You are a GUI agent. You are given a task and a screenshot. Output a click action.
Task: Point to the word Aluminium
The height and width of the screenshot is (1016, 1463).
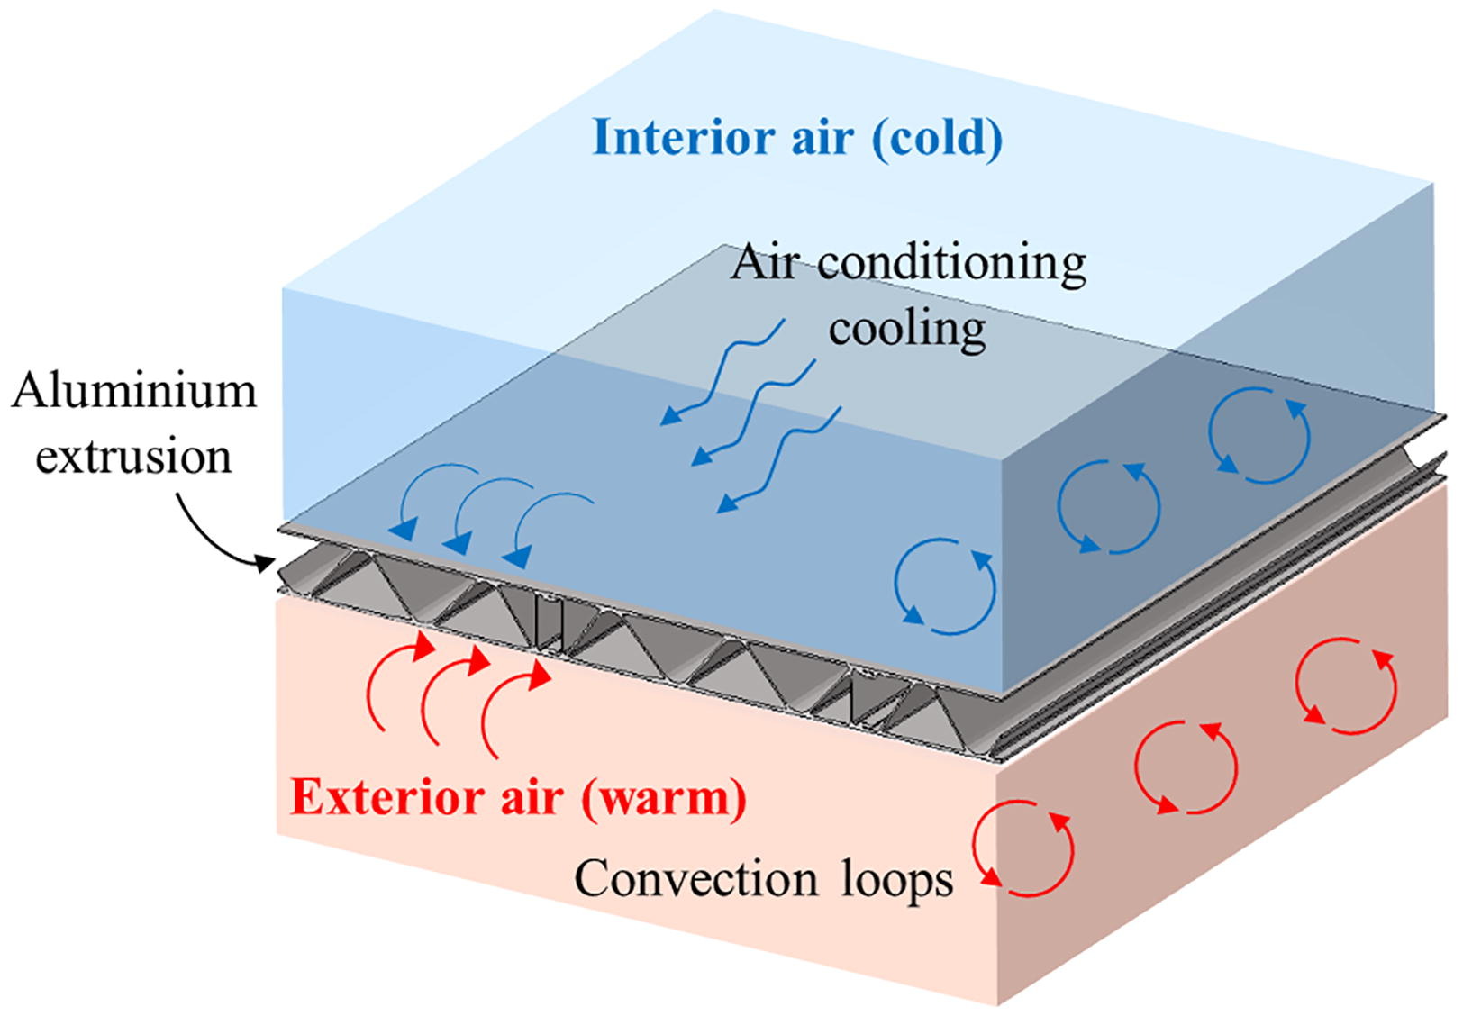(134, 392)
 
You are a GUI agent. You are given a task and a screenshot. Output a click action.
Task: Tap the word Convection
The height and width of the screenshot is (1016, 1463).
(696, 878)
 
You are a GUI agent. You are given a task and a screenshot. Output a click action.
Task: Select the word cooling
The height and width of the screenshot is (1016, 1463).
(907, 328)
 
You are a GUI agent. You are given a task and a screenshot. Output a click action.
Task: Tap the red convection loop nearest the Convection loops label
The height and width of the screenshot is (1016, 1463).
(1023, 848)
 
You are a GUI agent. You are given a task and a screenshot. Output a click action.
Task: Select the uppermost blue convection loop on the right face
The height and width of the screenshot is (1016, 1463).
(1259, 434)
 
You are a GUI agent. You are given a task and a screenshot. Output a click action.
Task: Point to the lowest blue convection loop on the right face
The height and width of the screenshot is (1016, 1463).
(945, 586)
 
